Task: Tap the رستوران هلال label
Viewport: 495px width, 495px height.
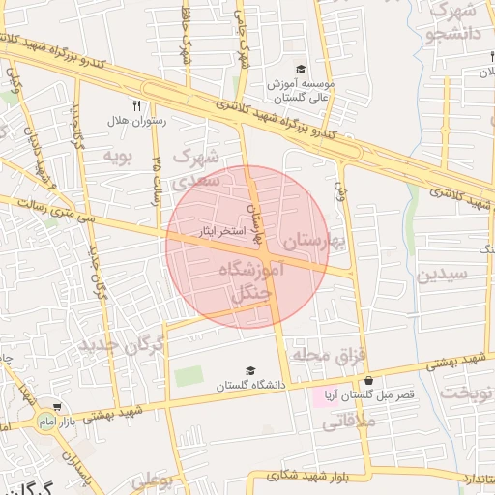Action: (x=136, y=121)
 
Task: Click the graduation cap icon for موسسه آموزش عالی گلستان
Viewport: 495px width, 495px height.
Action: (x=301, y=69)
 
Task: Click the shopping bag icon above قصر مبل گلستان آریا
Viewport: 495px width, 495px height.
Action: (x=368, y=381)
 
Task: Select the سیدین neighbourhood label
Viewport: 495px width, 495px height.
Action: (x=442, y=274)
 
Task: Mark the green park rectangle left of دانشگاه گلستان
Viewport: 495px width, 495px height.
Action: (x=189, y=375)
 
